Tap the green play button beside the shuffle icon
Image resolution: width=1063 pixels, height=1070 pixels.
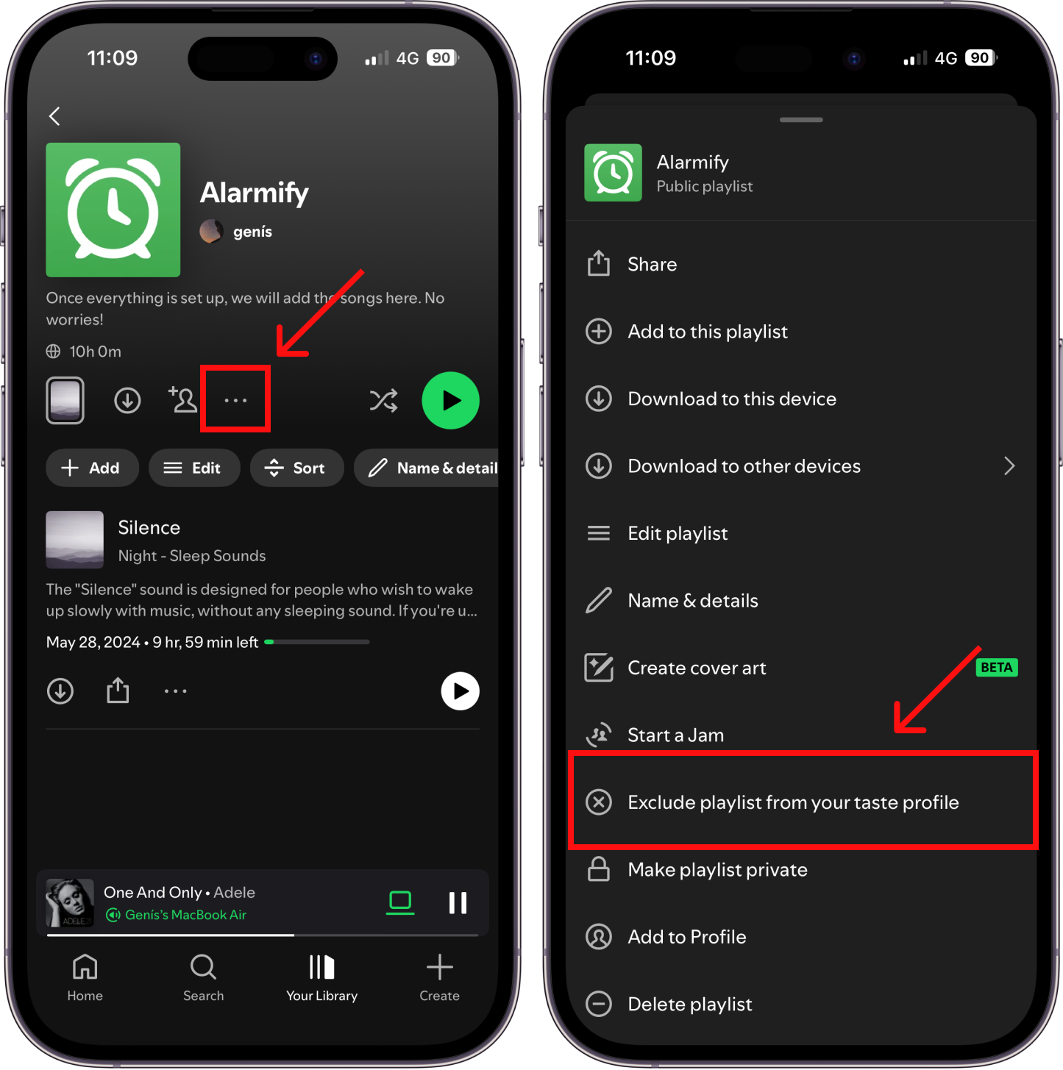coord(450,400)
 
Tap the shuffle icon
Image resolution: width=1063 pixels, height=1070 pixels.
coord(383,400)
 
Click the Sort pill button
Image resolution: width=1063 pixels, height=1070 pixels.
coord(296,468)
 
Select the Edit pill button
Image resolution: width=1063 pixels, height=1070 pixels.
coord(194,468)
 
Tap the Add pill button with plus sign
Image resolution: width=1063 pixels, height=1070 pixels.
coord(92,468)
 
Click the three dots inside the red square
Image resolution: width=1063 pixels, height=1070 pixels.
coord(235,400)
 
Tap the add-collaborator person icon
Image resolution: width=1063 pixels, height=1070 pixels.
coord(182,400)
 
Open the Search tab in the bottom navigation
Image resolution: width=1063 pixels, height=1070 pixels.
coord(203,978)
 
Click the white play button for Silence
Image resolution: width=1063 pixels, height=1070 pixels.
coord(460,691)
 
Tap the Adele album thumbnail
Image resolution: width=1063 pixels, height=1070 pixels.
coord(69,902)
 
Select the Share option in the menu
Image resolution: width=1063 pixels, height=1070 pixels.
coord(653,264)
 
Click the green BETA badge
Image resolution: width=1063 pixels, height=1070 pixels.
coord(996,667)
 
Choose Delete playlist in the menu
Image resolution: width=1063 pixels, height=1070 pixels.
coord(689,1004)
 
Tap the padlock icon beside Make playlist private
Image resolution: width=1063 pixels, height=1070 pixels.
coord(599,869)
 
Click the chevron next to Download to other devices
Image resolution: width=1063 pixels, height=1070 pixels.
coord(1009,466)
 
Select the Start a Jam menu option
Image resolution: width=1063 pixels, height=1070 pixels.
coord(676,735)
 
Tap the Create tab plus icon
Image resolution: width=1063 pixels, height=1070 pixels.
coord(439,967)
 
